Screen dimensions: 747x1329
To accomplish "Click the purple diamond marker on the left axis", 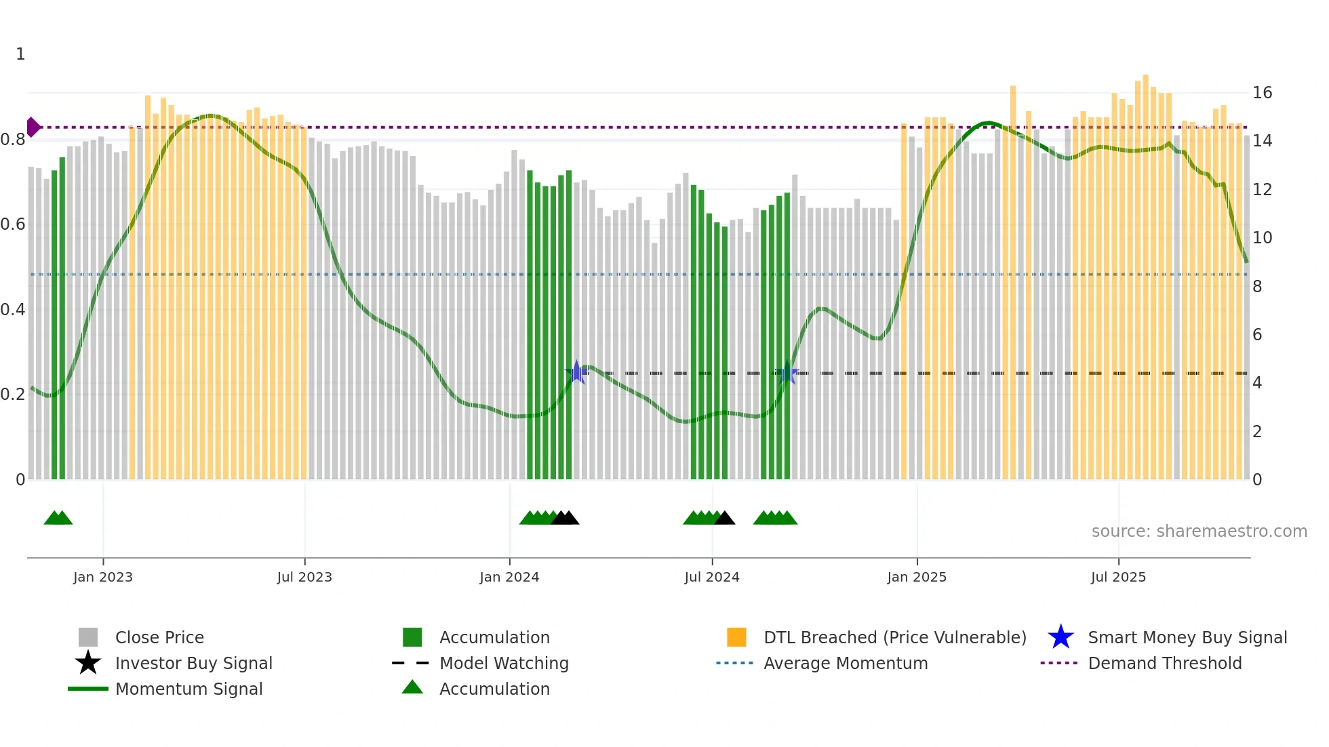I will click(33, 127).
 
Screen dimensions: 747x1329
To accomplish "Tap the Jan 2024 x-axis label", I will click(509, 577).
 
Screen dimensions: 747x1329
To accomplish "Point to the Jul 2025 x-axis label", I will click(1118, 577).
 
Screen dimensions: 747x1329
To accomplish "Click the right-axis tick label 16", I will click(1262, 93).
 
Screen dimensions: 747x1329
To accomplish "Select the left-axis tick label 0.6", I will click(13, 224).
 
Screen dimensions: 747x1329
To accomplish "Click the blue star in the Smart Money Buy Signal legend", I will click(1060, 637).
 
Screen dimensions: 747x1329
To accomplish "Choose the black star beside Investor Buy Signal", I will click(88, 663).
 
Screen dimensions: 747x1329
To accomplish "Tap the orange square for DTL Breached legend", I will click(736, 637).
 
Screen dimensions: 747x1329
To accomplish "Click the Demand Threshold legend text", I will click(1164, 663).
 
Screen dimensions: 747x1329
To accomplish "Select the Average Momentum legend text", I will click(846, 663).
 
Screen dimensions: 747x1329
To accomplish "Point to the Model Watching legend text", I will click(504, 663).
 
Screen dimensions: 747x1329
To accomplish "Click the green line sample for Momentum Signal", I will click(88, 689).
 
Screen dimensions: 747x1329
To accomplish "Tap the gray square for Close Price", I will click(88, 637).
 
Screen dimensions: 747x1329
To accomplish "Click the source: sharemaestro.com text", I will click(1199, 531).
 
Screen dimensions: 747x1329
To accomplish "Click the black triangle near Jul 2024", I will click(724, 519).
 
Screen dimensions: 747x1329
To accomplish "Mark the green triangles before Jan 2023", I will click(58, 519).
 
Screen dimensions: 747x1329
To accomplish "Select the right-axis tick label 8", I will click(1257, 287).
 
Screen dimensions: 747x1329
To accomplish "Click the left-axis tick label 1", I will click(20, 54).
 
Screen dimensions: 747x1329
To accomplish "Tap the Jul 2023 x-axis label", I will click(304, 577).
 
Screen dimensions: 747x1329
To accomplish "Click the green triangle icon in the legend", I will click(412, 687).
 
